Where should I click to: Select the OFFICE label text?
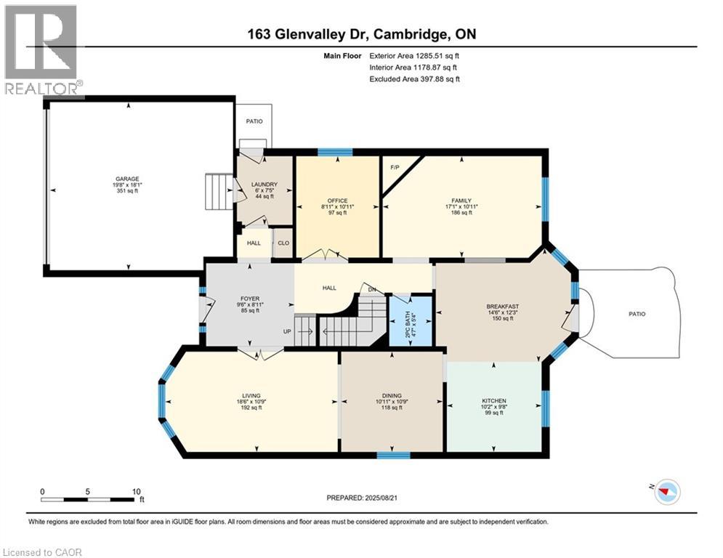coord(337,201)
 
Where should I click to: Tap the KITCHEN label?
coord(494,400)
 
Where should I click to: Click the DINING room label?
coord(392,396)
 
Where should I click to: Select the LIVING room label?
coord(251,396)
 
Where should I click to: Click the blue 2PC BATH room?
coord(411,320)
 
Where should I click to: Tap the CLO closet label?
coord(283,243)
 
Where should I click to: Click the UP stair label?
coord(288,332)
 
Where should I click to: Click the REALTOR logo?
coord(41,49)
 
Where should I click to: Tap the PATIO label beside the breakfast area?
coord(637,314)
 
